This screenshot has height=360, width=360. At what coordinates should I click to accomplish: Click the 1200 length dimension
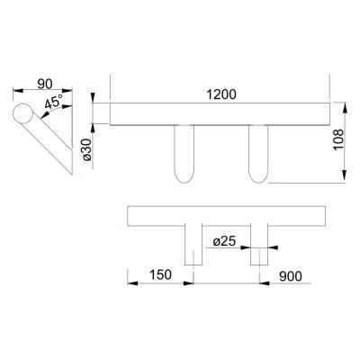pyautogui.click(x=221, y=94)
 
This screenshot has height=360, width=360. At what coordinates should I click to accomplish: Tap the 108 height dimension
pyautogui.click(x=338, y=140)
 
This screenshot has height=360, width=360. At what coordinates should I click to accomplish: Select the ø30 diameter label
pyautogui.click(x=86, y=149)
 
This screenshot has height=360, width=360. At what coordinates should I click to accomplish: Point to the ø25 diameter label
pyautogui.click(x=224, y=241)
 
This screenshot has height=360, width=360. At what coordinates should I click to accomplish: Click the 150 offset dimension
pyautogui.click(x=160, y=274)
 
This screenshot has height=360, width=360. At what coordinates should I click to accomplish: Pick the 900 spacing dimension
pyautogui.click(x=291, y=276)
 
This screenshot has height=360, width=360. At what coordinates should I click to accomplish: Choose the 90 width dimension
pyautogui.click(x=45, y=84)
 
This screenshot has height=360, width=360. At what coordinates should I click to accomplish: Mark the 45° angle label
pyautogui.click(x=54, y=102)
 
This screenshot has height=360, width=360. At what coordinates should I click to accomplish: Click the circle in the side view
pyautogui.click(x=22, y=113)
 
